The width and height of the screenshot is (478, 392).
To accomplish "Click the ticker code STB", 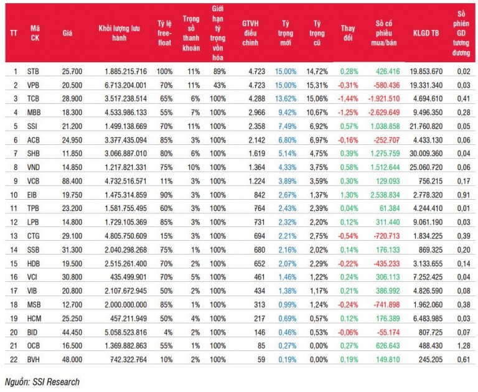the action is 33,72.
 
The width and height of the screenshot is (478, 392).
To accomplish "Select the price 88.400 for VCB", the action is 72,181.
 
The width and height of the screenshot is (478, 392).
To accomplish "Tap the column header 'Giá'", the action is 67,33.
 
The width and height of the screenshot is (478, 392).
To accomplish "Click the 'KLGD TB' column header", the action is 426,33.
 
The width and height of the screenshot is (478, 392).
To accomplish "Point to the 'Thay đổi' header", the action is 348,33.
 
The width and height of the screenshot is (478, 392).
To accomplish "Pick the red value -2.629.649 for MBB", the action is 383,113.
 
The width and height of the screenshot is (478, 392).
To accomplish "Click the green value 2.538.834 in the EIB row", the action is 385,195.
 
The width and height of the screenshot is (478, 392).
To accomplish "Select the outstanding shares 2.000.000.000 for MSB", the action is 126,304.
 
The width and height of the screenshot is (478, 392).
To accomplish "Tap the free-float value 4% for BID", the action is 168,332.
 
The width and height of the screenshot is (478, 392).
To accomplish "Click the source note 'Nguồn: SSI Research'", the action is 42,382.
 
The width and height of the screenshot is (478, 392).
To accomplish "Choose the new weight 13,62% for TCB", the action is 286,99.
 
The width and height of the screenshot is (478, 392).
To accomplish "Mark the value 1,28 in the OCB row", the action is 464,346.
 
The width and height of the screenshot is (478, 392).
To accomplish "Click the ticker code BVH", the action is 33,360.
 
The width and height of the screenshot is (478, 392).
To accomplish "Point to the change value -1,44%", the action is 348,99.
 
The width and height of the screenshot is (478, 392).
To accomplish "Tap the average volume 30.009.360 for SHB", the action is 426,154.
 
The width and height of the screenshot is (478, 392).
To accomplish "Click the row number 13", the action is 14,236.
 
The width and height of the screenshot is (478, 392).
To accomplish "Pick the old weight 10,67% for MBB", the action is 317,113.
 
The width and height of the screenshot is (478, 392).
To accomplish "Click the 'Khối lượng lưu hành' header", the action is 119,33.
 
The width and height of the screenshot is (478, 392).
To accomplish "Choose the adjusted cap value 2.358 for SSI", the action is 256,126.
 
